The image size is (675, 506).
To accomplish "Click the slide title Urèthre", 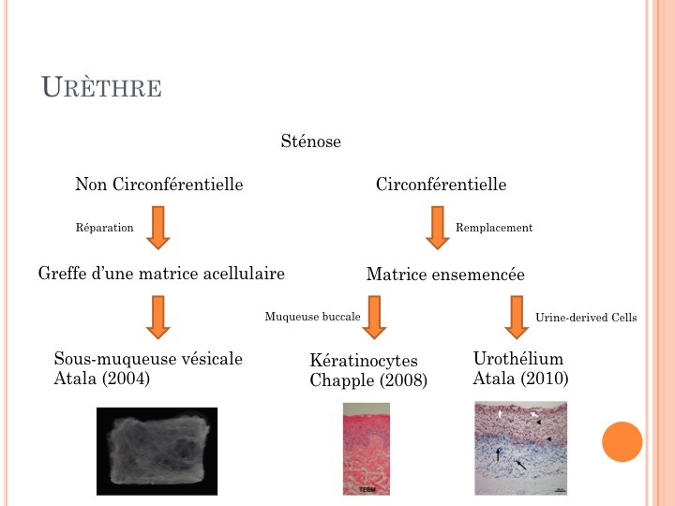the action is click(101, 87).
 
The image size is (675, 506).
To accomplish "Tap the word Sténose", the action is click(311, 141).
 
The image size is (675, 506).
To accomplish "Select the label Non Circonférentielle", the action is click(158, 185).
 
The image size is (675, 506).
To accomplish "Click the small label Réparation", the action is click(105, 228).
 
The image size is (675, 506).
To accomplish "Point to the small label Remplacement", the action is click(494, 228).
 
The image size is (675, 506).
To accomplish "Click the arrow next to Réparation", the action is click(158, 228).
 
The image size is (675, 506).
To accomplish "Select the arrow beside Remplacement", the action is click(438, 228).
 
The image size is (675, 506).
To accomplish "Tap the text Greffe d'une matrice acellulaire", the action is click(161, 274).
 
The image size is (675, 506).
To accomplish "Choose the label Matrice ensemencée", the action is click(445, 274).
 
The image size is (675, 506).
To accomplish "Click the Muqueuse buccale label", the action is click(312, 317).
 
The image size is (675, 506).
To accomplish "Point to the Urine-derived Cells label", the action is click(586, 318).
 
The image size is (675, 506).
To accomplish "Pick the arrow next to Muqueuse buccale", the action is click(374, 317).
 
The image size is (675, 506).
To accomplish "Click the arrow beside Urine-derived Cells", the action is click(517, 317).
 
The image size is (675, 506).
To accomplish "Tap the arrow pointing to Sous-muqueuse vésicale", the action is click(158, 317).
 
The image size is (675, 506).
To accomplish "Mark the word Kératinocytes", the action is click(364, 361).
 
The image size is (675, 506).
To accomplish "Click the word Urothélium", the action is click(518, 358).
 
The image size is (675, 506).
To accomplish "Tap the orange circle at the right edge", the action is click(622, 442).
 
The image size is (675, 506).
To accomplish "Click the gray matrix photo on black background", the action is click(157, 452).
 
